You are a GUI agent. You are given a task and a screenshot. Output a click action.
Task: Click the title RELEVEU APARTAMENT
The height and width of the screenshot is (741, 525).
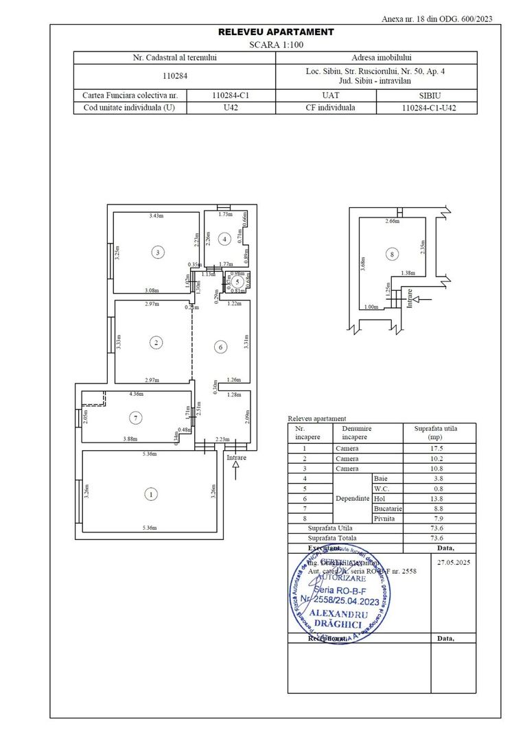pyautogui.click(x=276, y=32)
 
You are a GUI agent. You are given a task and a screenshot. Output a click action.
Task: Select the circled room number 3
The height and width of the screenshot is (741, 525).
pyautogui.click(x=158, y=252)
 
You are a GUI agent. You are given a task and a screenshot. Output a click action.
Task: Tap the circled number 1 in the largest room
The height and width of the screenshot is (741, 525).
pyautogui.click(x=149, y=493)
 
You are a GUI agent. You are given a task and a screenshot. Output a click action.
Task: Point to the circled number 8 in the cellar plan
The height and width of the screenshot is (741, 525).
pyautogui.click(x=392, y=255)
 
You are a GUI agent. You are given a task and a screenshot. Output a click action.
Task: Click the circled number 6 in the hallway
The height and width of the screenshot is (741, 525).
pyautogui.click(x=221, y=347)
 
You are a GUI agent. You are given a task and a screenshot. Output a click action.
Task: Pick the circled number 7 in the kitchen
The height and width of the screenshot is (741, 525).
pyautogui.click(x=136, y=417)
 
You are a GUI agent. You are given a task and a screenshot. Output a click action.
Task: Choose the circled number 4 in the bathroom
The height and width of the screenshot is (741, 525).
pyautogui.click(x=224, y=239)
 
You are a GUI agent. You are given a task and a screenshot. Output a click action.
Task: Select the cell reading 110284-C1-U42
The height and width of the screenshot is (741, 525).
pyautogui.click(x=429, y=108)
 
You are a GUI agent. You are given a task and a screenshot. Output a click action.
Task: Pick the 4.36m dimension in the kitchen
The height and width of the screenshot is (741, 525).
pyautogui.click(x=137, y=394)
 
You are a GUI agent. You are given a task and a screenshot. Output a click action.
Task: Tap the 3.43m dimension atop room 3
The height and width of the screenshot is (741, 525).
pyautogui.click(x=157, y=215)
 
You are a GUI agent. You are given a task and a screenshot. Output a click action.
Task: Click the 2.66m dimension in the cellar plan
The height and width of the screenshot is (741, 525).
pyautogui.click(x=393, y=221)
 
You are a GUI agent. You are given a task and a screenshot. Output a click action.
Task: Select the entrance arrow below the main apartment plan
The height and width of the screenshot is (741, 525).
pyautogui.click(x=235, y=469)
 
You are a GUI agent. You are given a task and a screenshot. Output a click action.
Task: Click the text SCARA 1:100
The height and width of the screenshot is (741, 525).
pyautogui.click(x=276, y=44)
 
